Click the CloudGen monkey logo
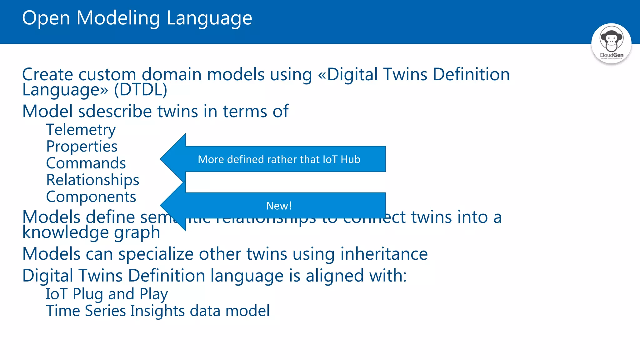point(611,43)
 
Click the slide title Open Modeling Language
point(137,18)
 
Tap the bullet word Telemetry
point(81,130)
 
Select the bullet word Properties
point(82,146)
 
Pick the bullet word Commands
point(86,163)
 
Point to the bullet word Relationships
point(92,180)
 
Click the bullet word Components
point(91,197)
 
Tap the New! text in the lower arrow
point(279,206)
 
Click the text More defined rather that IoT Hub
point(279,159)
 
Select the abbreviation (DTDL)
point(141,90)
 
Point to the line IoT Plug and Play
point(107,294)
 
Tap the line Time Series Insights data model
point(158,311)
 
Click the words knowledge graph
point(91,232)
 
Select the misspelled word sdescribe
point(115,111)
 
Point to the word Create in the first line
point(47,75)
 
